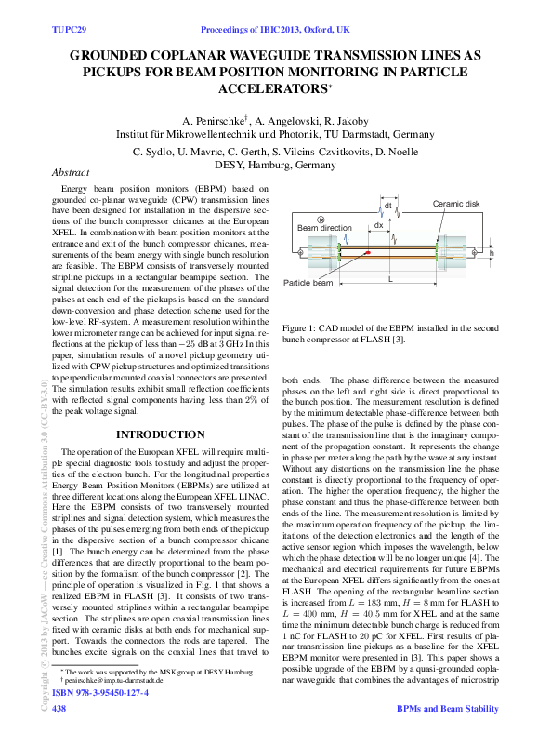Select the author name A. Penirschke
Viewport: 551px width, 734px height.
213,122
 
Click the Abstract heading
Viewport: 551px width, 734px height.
71,173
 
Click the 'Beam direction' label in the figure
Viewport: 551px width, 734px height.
324,227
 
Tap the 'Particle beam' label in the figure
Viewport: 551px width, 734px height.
308,282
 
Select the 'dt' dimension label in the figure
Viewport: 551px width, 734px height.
388,207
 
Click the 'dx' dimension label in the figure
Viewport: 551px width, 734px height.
378,225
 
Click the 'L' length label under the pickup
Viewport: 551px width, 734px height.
390,278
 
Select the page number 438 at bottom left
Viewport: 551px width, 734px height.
58,709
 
